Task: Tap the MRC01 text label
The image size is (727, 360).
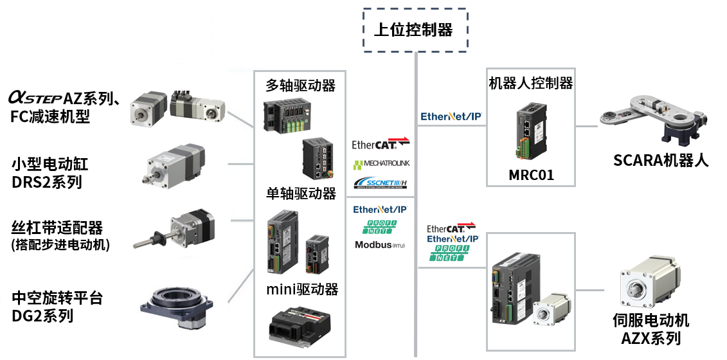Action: pos(531,175)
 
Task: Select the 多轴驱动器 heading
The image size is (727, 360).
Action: pos(300,85)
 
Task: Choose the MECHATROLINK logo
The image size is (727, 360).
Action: pos(381,165)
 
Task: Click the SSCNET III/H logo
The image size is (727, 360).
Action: pos(381,183)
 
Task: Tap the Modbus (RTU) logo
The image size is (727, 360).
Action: pos(380,245)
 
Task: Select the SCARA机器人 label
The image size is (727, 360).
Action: pos(661,161)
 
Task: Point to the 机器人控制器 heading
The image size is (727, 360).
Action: pos(531,83)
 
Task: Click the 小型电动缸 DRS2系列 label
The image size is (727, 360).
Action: pos(50,173)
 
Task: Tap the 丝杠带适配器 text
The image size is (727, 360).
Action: pos(57,228)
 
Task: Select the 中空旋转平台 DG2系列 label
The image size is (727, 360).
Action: pos(57,307)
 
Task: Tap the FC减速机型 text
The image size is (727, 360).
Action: pos(50,116)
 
